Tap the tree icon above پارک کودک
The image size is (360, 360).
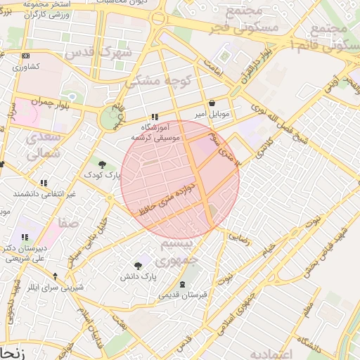click(x=103, y=165)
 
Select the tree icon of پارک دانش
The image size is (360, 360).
click(x=138, y=266)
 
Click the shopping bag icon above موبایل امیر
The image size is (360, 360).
click(x=212, y=103)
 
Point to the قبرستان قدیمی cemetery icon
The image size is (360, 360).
click(x=184, y=285)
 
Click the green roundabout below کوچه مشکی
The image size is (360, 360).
click(x=110, y=118)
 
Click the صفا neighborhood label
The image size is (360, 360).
click(x=70, y=224)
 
